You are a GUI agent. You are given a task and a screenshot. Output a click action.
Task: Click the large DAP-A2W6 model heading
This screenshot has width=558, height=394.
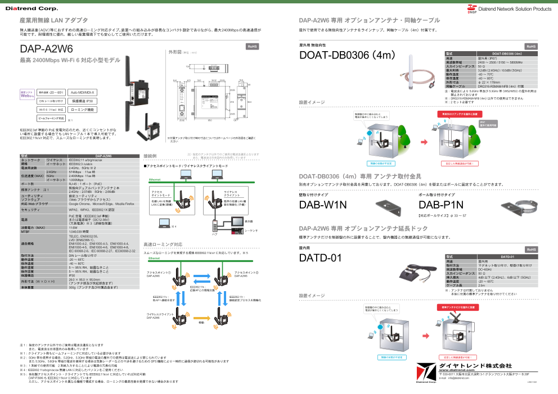click(x=46, y=49)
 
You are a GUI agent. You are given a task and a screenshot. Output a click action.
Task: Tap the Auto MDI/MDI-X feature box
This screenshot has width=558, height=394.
click(x=83, y=92)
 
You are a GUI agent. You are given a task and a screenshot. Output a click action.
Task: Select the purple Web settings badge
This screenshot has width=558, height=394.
click(x=28, y=94)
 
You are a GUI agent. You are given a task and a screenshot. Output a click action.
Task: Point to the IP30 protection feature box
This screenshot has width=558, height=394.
click(x=83, y=101)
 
